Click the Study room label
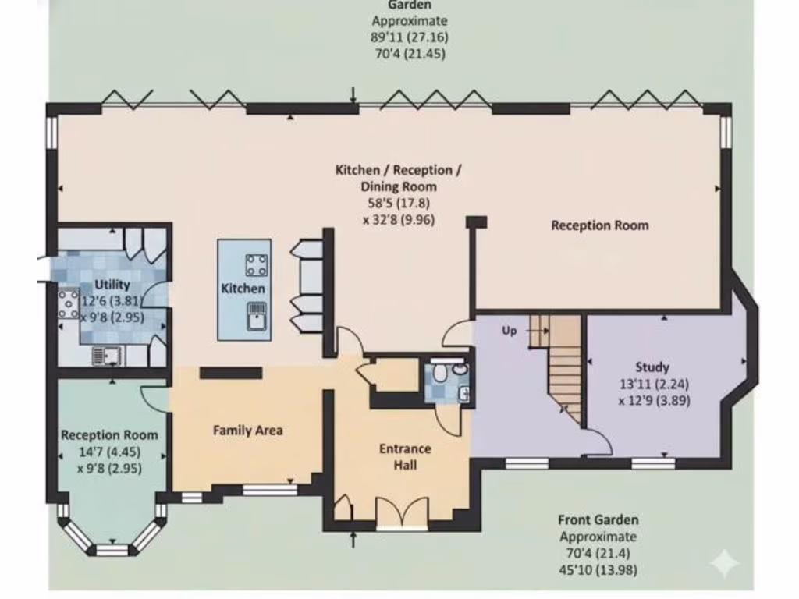point(652,367)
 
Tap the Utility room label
point(112,285)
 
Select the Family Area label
point(247,430)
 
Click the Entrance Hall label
point(405,457)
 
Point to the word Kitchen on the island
point(243,289)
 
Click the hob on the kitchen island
point(257,265)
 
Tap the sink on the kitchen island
point(257,316)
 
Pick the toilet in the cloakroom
point(442,373)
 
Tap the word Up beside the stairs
point(510,331)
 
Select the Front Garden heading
point(598,519)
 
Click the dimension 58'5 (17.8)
point(398,203)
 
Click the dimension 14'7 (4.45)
point(109,452)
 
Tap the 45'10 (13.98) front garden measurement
point(598,569)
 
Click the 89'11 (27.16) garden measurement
point(410,37)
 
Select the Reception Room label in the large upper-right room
point(599,225)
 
